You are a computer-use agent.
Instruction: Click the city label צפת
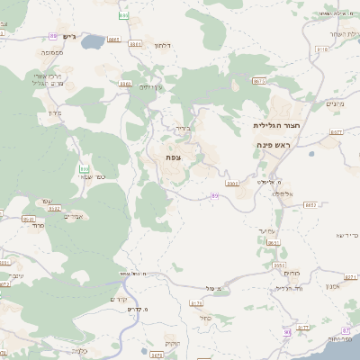174,157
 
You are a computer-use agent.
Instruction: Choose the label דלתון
163,45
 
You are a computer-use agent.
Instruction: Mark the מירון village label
51,114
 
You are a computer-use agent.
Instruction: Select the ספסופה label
51,53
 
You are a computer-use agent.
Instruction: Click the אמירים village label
74,216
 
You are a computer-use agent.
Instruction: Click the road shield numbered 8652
310,204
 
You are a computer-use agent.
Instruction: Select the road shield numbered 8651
274,242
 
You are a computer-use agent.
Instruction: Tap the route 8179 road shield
197,303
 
